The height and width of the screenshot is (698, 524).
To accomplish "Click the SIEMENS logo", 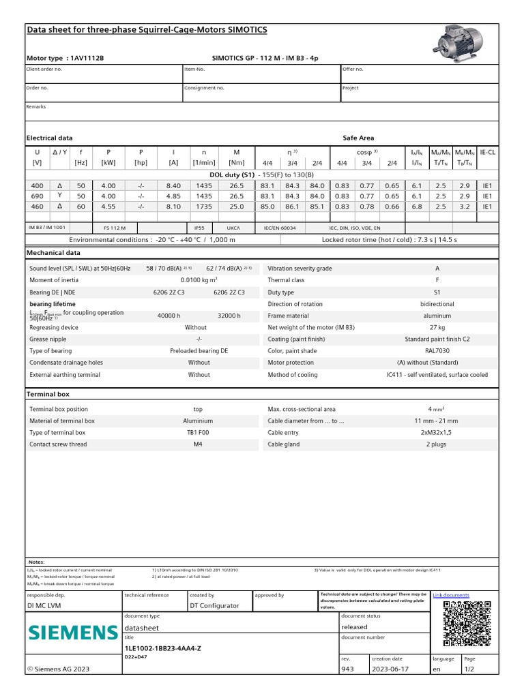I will tap(72, 632).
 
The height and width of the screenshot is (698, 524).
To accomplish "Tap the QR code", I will tap(467, 623).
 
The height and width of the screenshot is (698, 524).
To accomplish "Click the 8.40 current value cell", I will tap(173, 185).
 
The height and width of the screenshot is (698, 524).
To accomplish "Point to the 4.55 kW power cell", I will tap(108, 206).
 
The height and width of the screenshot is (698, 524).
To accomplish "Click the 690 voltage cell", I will tap(37, 196).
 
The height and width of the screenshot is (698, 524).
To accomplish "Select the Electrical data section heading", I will tap(49, 138).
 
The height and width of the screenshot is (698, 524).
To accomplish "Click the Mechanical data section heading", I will tap(53, 252).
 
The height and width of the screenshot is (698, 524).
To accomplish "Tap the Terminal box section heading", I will tap(48, 394).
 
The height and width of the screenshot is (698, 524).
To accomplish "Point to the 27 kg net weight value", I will tap(437, 328).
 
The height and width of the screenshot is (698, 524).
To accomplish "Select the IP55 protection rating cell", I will tap(199, 228).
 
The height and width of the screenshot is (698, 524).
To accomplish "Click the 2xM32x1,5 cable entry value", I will tap(437, 433).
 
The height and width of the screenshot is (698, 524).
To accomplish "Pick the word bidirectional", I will tap(437, 304).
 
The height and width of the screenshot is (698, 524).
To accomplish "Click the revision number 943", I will tap(347, 669).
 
